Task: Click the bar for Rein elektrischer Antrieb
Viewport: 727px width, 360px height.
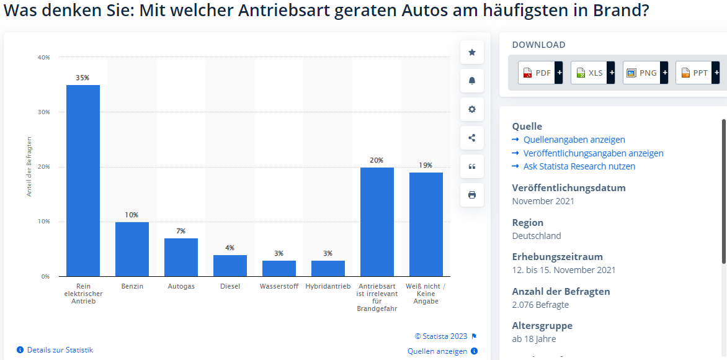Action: point(83,180)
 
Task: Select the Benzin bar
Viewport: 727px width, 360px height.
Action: point(132,249)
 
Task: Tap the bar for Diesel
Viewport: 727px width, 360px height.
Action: point(230,266)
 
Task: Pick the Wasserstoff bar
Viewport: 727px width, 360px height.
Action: point(279,268)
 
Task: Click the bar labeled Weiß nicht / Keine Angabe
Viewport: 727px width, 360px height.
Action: point(426,224)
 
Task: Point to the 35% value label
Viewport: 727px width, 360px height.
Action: point(83,78)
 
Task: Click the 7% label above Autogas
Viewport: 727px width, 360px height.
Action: point(181,231)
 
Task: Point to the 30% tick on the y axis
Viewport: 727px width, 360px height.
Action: point(43,112)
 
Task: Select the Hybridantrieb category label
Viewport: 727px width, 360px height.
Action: point(328,287)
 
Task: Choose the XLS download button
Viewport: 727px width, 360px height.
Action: point(592,73)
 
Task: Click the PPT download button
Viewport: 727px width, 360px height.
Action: point(697,73)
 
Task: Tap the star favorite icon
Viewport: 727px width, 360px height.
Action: point(472,52)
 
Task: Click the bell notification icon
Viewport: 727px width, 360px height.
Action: point(472,81)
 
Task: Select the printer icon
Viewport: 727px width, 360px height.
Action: point(472,195)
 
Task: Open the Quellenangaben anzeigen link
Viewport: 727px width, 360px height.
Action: point(574,140)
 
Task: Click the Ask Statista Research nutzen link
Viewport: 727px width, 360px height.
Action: point(579,166)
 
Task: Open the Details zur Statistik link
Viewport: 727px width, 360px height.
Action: point(60,350)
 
